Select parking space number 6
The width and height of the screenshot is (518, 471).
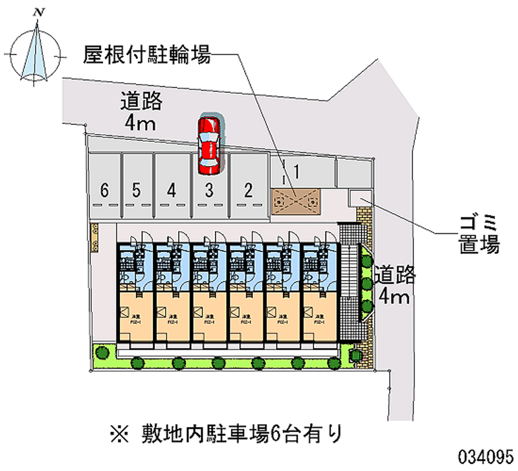[104, 190]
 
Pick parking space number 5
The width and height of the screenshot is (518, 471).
[136, 190]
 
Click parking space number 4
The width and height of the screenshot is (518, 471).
[171, 190]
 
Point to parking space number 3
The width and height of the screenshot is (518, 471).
[209, 190]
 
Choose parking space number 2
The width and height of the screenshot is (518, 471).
[247, 190]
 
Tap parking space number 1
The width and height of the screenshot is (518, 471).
[295, 172]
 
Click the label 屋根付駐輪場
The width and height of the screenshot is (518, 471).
[146, 56]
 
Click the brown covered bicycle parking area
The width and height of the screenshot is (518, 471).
[296, 200]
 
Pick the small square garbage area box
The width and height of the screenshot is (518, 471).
[359, 198]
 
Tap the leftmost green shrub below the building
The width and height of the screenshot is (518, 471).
[102, 353]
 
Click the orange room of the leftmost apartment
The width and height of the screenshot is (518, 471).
[135, 316]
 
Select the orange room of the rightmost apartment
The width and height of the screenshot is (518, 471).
[319, 316]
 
